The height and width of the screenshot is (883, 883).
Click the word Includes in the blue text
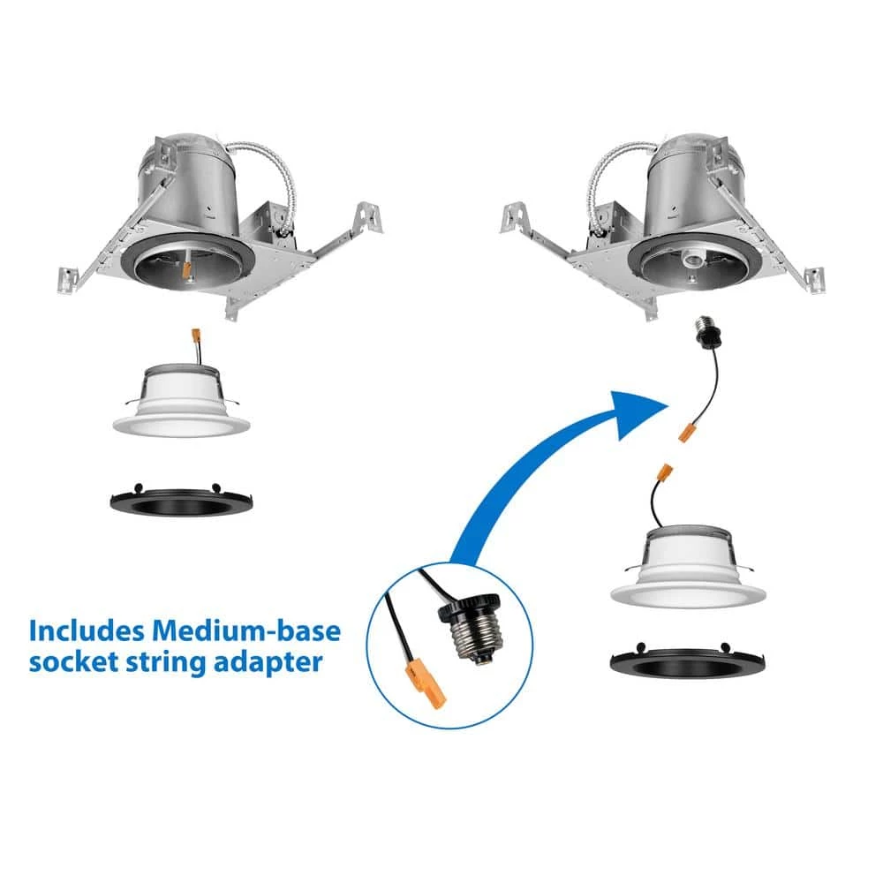pyautogui.click(x=86, y=630)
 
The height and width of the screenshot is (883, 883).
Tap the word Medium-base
pyautogui.click(x=246, y=630)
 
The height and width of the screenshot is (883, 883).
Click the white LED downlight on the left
pyautogui.click(x=181, y=400)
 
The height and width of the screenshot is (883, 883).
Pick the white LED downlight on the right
pyautogui.click(x=688, y=567)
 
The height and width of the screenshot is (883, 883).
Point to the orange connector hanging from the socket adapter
pyautogui.click(x=685, y=434)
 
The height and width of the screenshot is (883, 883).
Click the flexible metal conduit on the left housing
pyautogui.click(x=269, y=179)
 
